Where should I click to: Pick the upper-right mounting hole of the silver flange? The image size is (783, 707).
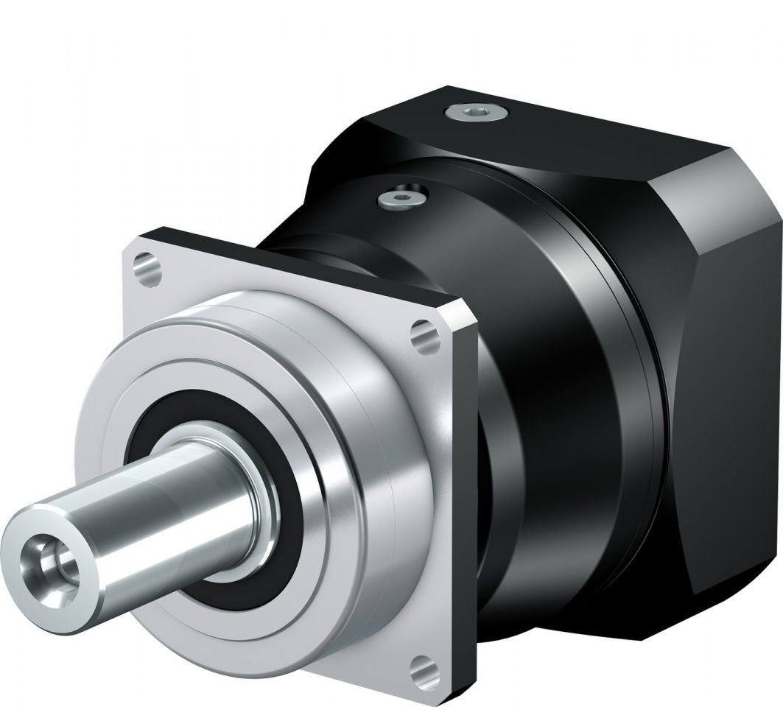pyautogui.click(x=421, y=331)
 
